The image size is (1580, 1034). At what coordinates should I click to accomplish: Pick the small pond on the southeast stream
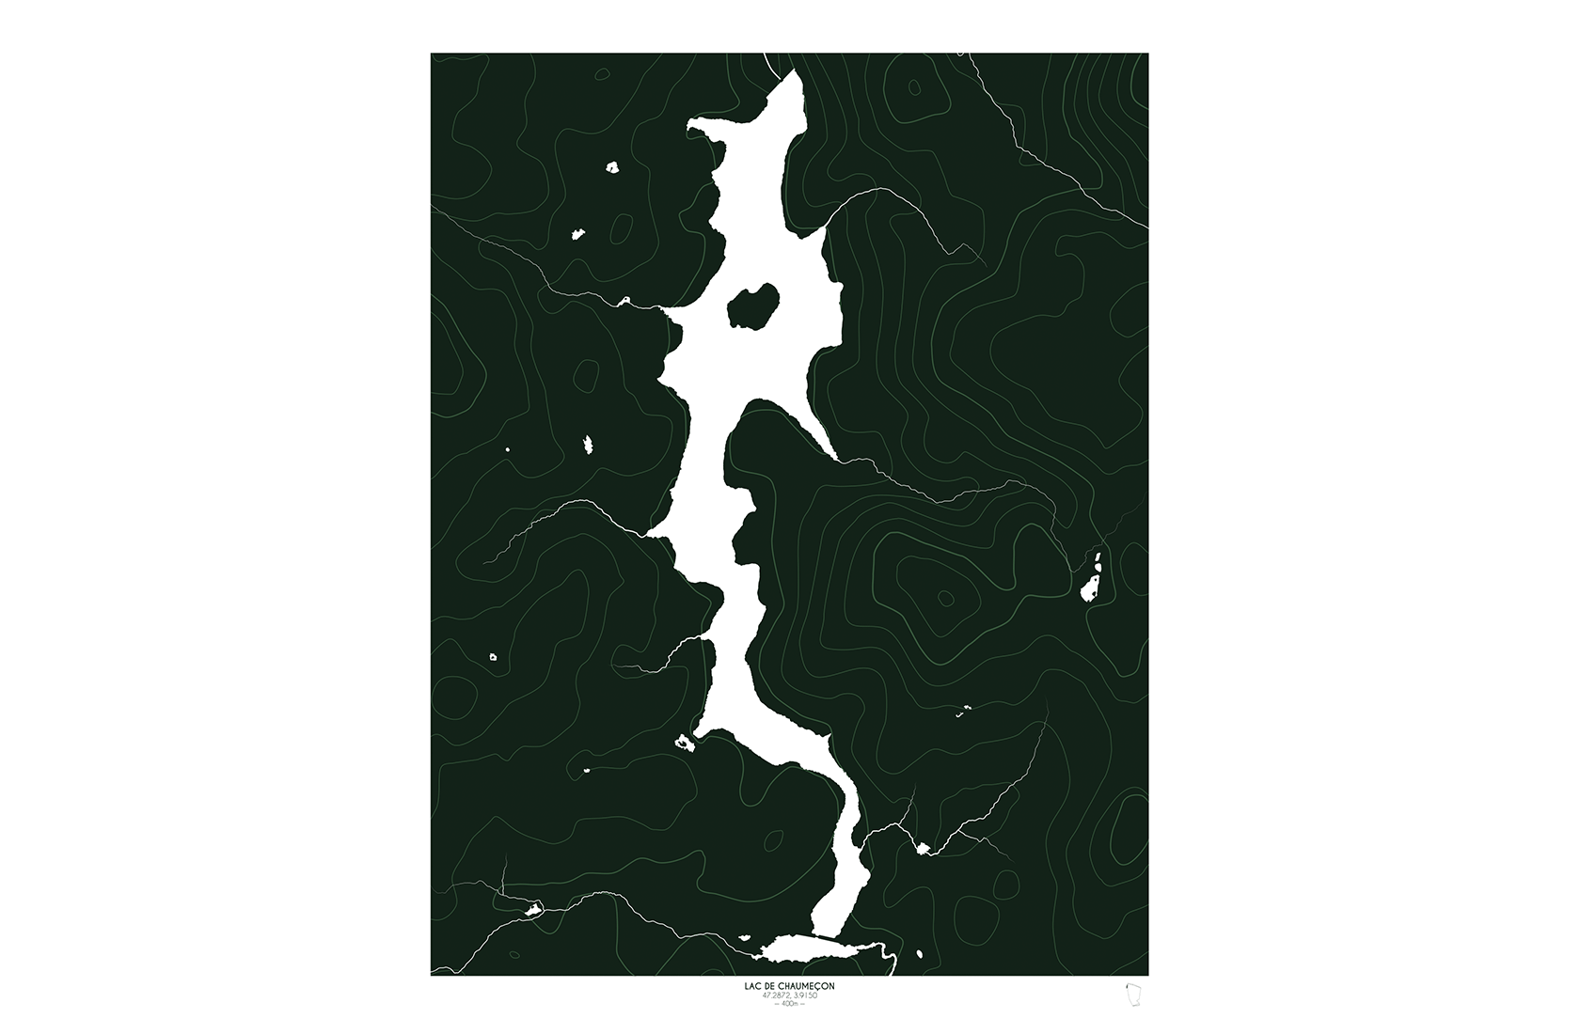(923, 849)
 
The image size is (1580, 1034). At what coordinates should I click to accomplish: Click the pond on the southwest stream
(532, 909)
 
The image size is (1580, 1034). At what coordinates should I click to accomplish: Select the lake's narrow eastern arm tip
(833, 456)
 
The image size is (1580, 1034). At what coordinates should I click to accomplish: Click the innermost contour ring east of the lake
(945, 599)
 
